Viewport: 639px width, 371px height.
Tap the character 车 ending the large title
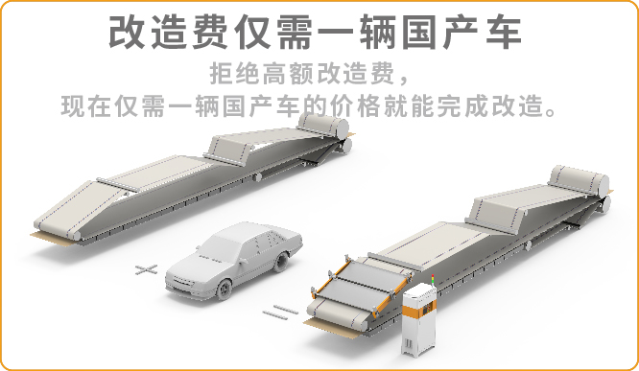coord(500,32)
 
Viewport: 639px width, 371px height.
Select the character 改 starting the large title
coord(130,32)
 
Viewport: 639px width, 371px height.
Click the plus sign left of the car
coord(146,268)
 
